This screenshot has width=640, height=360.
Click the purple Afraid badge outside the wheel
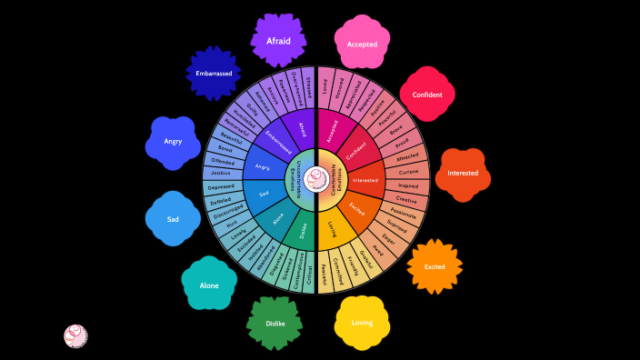click(278, 40)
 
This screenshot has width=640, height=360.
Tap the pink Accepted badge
click(362, 44)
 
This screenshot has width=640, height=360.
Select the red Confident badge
click(427, 95)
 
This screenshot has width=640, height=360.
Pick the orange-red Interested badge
click(463, 173)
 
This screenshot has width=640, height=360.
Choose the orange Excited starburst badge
click(435, 266)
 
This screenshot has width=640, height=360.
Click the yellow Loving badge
click(362, 323)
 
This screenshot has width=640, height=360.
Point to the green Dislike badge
click(275, 324)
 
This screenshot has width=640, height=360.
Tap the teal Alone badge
click(209, 285)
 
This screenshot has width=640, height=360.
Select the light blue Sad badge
click(173, 219)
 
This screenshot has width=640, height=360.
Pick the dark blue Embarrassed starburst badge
click(214, 73)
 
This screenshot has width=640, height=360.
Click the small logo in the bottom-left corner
click(75, 335)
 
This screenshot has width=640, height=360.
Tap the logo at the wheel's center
click(315, 178)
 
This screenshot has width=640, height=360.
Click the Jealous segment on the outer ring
click(220, 172)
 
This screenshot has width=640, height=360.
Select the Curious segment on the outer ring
click(407, 171)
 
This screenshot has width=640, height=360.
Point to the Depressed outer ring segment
click(220, 186)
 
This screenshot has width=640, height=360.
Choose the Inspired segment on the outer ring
click(408, 185)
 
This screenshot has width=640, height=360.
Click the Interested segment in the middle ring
click(365, 180)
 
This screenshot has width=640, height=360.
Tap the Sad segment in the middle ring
click(265, 194)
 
